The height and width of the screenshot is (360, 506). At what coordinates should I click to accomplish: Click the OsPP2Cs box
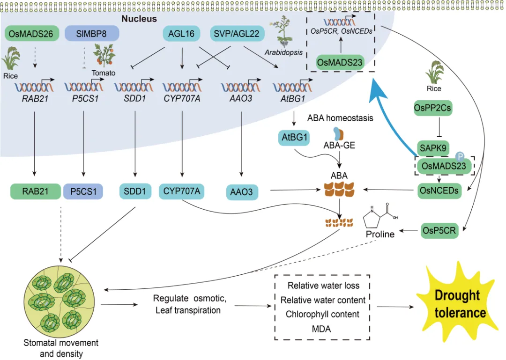coord(432,108)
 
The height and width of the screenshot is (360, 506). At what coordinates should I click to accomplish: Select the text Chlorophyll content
coord(322,314)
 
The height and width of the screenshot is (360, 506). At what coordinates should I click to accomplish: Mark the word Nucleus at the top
coord(139,19)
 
